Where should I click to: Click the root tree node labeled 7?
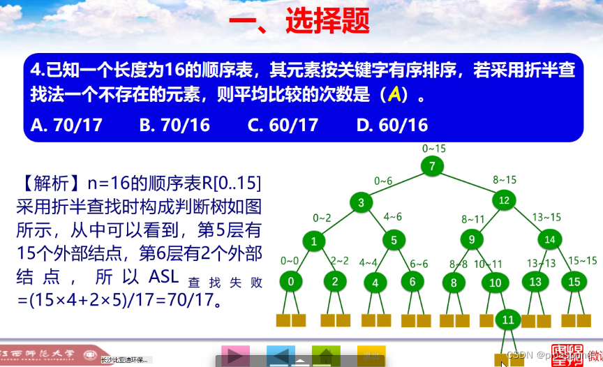click(433, 166)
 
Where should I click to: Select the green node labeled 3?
click(362, 203)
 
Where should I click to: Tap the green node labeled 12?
click(504, 200)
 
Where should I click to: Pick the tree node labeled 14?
click(550, 239)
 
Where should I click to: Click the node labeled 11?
click(508, 321)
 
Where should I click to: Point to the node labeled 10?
click(496, 283)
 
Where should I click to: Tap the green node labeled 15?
click(574, 282)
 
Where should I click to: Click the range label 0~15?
click(433, 149)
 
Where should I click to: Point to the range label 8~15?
click(505, 179)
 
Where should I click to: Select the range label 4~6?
click(392, 216)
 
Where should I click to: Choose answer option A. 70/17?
click(67, 125)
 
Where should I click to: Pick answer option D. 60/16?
click(392, 125)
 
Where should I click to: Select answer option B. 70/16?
click(174, 125)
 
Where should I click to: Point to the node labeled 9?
click(472, 240)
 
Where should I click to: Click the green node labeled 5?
click(394, 241)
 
